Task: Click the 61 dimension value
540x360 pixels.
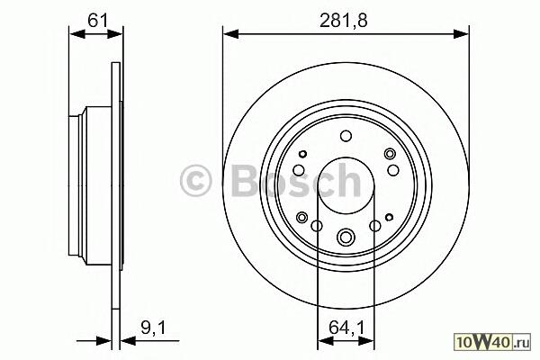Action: tap(98, 21)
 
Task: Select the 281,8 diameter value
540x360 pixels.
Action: tap(344, 21)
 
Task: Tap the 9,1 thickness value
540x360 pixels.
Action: tap(153, 328)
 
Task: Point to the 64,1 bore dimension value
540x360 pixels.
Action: tap(346, 328)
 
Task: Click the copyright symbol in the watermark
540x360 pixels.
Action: tap(195, 180)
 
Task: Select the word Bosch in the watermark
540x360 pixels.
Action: tap(296, 180)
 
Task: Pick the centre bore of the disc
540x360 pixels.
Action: tap(346, 185)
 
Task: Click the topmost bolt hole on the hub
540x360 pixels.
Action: tap(346, 136)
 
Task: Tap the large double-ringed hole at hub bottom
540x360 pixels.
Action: tap(346, 237)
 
